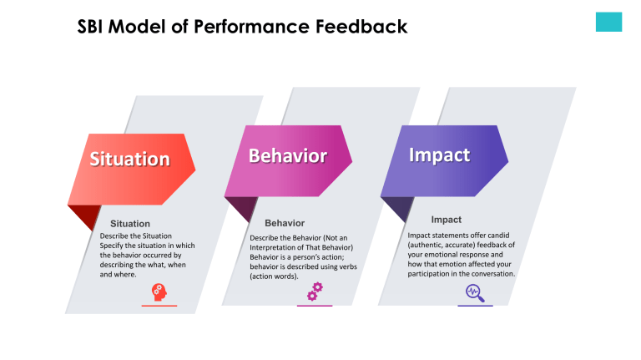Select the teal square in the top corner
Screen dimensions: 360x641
coord(608,23)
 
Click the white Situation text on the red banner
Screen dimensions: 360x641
coord(129,159)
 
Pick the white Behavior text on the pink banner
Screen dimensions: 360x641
coord(287,156)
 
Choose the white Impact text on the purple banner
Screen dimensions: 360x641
coord(439,155)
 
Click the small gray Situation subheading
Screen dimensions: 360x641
coord(130,224)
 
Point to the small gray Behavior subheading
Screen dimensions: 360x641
coord(285,223)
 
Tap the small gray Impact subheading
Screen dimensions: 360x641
coord(447,220)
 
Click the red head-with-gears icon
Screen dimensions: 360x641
coord(159,292)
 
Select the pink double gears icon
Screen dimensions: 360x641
coord(315,292)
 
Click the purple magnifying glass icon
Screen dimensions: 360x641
coord(475,292)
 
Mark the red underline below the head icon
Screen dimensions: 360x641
coord(159,306)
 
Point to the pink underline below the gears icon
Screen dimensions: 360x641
coord(315,306)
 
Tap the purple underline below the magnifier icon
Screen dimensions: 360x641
coord(475,306)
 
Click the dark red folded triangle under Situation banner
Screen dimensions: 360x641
coord(83,216)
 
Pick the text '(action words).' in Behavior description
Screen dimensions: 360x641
coord(274,276)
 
